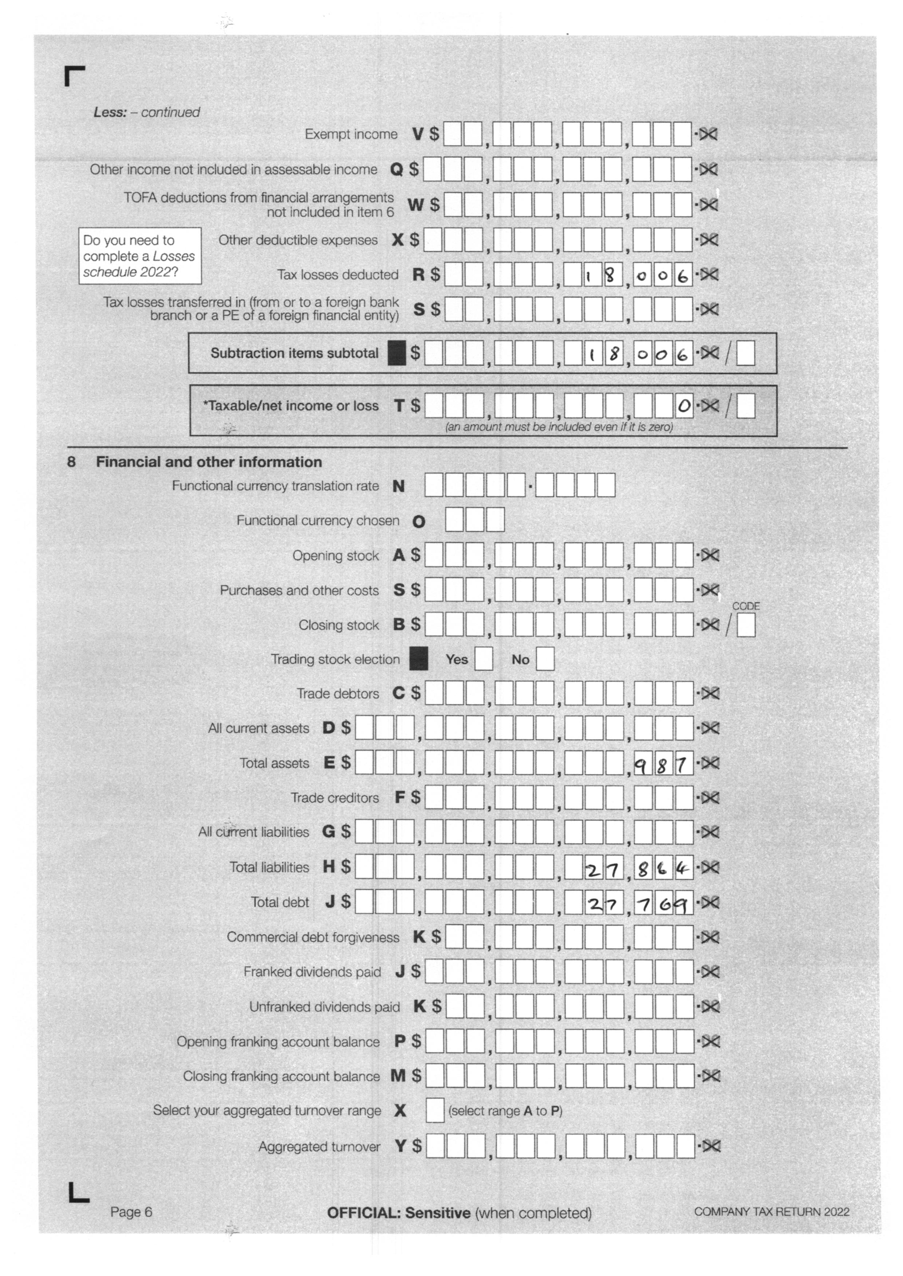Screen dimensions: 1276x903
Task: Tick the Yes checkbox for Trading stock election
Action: click(483, 659)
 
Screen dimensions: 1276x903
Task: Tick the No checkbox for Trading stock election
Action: click(545, 659)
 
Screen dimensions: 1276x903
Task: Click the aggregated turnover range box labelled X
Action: click(434, 1111)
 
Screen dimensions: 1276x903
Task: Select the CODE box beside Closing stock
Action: click(746, 625)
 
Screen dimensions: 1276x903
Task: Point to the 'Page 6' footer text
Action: click(131, 1212)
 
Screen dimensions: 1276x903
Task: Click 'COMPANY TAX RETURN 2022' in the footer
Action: click(771, 1212)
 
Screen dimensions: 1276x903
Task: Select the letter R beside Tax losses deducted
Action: click(418, 275)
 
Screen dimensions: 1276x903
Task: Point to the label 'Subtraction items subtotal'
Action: click(294, 353)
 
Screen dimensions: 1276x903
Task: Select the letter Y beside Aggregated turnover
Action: click(401, 1146)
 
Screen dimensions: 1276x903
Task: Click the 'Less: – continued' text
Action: click(146, 112)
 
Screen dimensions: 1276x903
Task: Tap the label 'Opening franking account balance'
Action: click(278, 1041)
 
